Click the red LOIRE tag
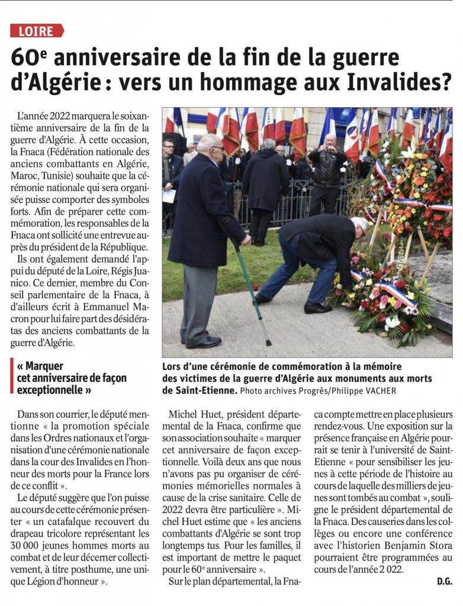click(x=37, y=31)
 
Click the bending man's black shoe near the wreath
click(x=317, y=308)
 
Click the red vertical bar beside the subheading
click(x=12, y=378)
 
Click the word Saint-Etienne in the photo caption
click(x=199, y=391)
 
